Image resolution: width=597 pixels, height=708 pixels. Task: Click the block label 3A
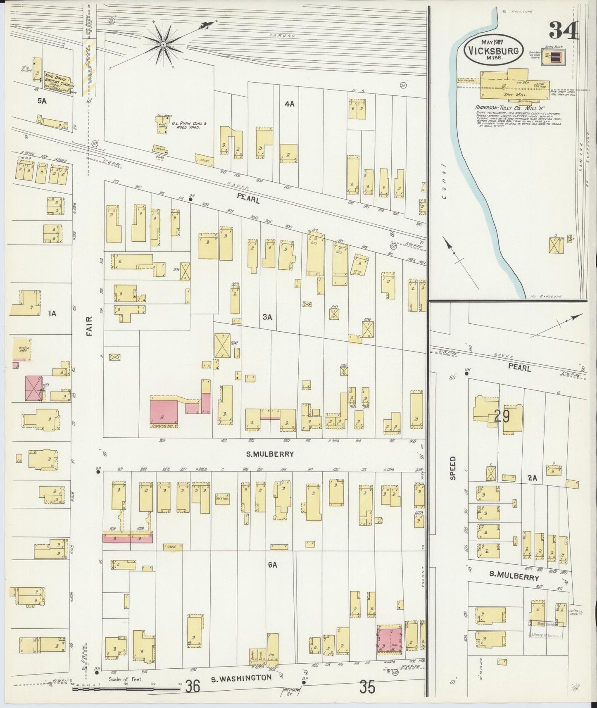pos(267,317)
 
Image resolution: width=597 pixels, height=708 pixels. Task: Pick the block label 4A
pos(289,104)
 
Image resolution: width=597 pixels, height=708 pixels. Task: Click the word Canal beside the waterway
pos(443,181)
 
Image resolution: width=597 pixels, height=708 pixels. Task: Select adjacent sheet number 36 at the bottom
pos(193,687)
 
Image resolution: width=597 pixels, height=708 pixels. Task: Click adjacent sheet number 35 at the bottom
pos(367,687)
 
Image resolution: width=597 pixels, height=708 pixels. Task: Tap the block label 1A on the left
pos(52,314)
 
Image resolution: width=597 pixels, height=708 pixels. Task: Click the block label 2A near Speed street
pos(532,478)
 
